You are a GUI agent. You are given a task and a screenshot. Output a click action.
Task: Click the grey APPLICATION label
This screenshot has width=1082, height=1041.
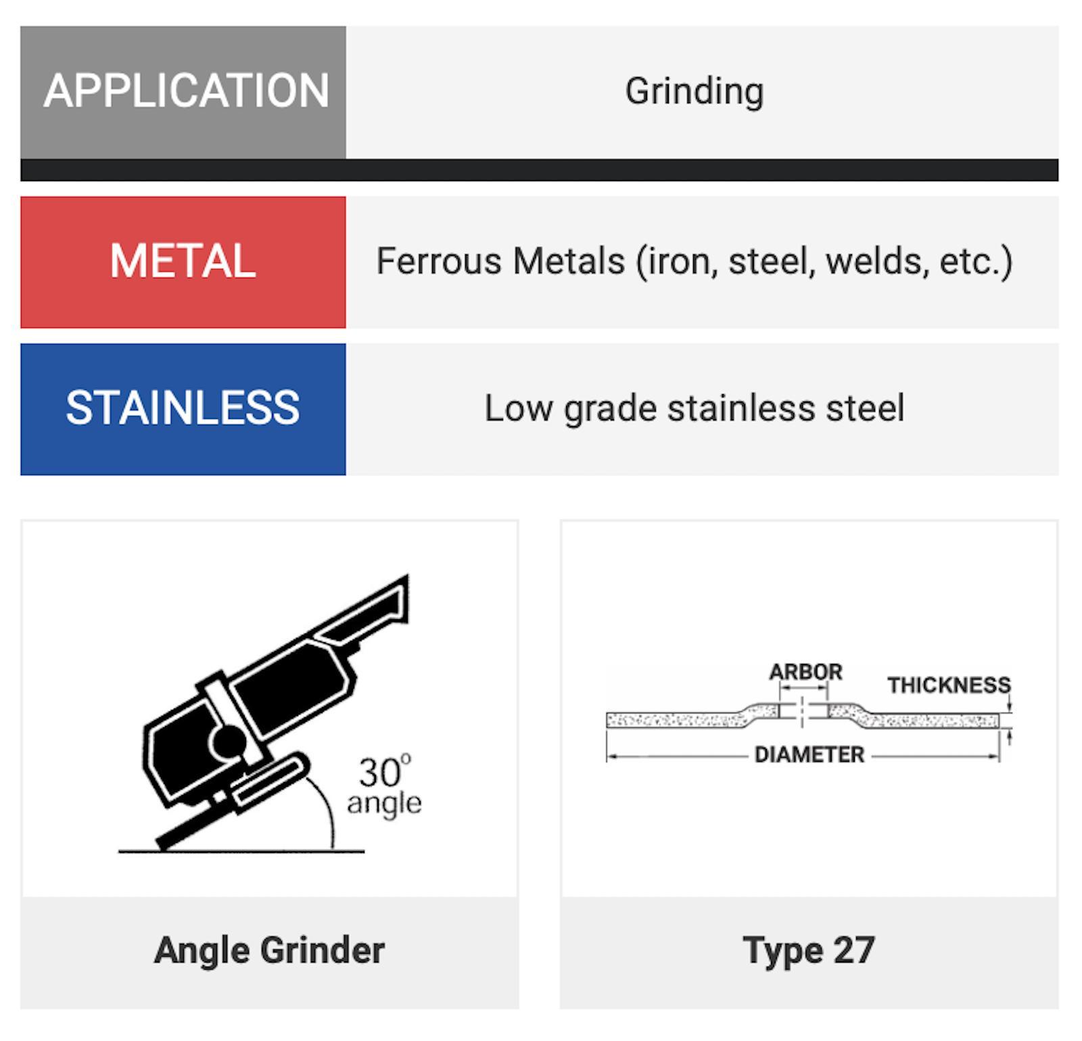pyautogui.click(x=183, y=93)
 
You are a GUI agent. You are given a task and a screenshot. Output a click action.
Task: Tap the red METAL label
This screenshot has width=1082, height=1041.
pyautogui.click(x=183, y=262)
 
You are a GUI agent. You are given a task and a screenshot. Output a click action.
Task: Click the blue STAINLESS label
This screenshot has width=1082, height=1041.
pyautogui.click(x=183, y=409)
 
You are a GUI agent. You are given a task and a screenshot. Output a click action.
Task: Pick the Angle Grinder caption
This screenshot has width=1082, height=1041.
pyautogui.click(x=270, y=950)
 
